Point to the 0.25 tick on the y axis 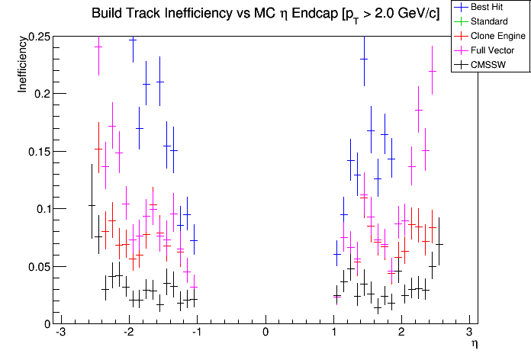point(40,37)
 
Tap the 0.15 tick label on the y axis point(40,151)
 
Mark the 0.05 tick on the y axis point(40,266)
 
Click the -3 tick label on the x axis point(60,333)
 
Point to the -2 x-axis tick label point(128,333)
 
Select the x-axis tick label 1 point(334,333)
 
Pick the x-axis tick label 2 point(402,333)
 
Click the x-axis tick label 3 point(470,333)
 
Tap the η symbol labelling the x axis point(474,345)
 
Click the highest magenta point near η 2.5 point(432,71)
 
